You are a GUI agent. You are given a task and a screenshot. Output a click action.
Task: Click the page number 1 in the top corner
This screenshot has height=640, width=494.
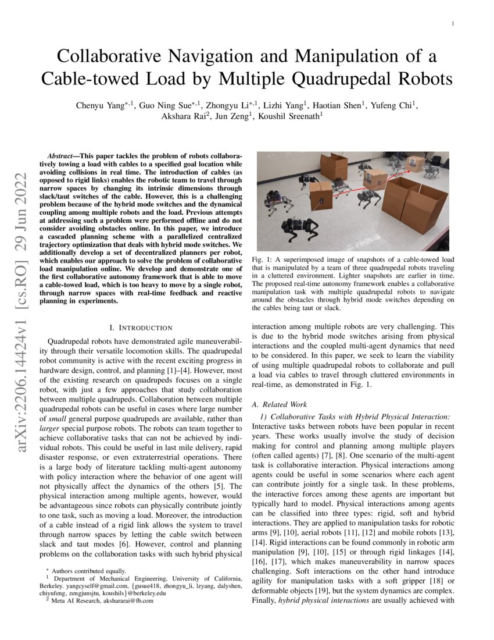pos(452,24)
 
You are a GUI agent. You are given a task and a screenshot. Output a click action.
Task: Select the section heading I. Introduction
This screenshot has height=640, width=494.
pos(141,328)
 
